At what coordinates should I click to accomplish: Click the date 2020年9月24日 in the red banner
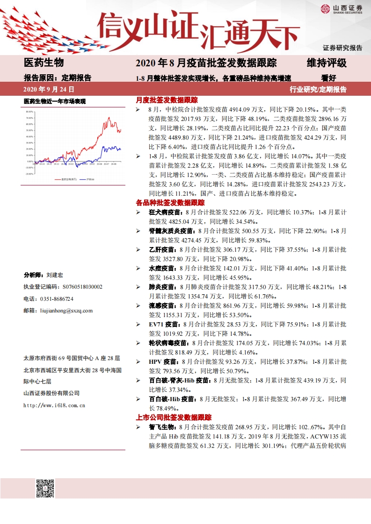click(49, 89)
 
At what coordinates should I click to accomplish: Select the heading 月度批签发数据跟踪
click(167, 100)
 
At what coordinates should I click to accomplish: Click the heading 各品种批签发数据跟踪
click(170, 203)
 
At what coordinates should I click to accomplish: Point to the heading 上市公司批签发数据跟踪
click(173, 418)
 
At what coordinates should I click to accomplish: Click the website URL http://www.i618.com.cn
click(54, 405)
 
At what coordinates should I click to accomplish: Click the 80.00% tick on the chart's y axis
click(29, 112)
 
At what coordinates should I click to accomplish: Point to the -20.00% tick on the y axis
click(29, 173)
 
